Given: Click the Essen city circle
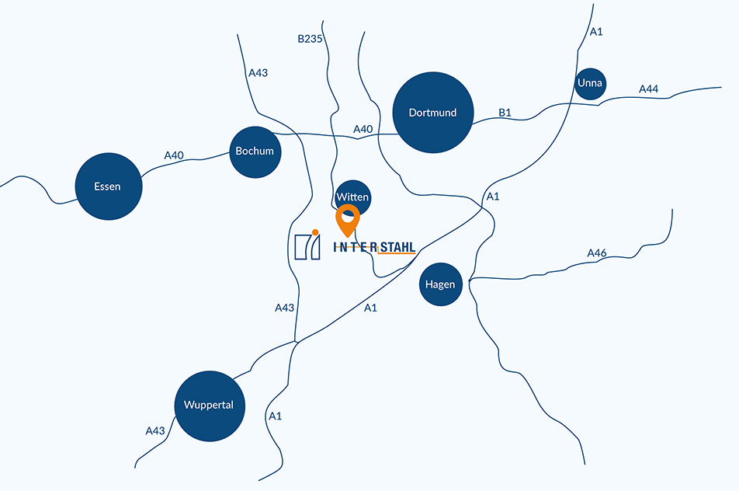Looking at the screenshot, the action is pyautogui.click(x=109, y=186).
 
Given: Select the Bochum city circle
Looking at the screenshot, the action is pyautogui.click(x=255, y=151).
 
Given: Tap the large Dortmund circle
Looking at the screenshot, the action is pyautogui.click(x=432, y=112).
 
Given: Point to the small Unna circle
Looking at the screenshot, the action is pyautogui.click(x=590, y=83).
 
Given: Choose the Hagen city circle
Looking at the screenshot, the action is pyautogui.click(x=441, y=284).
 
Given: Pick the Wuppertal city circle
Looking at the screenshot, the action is pyautogui.click(x=210, y=406).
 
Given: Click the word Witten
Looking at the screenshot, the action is pyautogui.click(x=352, y=197).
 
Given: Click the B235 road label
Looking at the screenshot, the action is pyautogui.click(x=311, y=39).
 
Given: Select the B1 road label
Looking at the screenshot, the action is pyautogui.click(x=505, y=113).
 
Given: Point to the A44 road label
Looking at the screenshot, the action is pyautogui.click(x=648, y=89).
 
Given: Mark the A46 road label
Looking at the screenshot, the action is pyautogui.click(x=597, y=253).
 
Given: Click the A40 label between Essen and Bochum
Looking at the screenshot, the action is pyautogui.click(x=174, y=155).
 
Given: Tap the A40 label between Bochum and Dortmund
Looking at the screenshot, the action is pyautogui.click(x=363, y=129).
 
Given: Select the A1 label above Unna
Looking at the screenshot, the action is pyautogui.click(x=596, y=32).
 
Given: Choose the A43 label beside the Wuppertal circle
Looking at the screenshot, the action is pyautogui.click(x=155, y=430).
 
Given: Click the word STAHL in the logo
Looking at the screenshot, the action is pyautogui.click(x=397, y=247).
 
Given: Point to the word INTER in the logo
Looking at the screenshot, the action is pyautogui.click(x=355, y=247).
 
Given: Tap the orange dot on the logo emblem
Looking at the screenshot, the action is pyautogui.click(x=315, y=232).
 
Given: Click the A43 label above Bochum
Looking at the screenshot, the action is pyautogui.click(x=258, y=72).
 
